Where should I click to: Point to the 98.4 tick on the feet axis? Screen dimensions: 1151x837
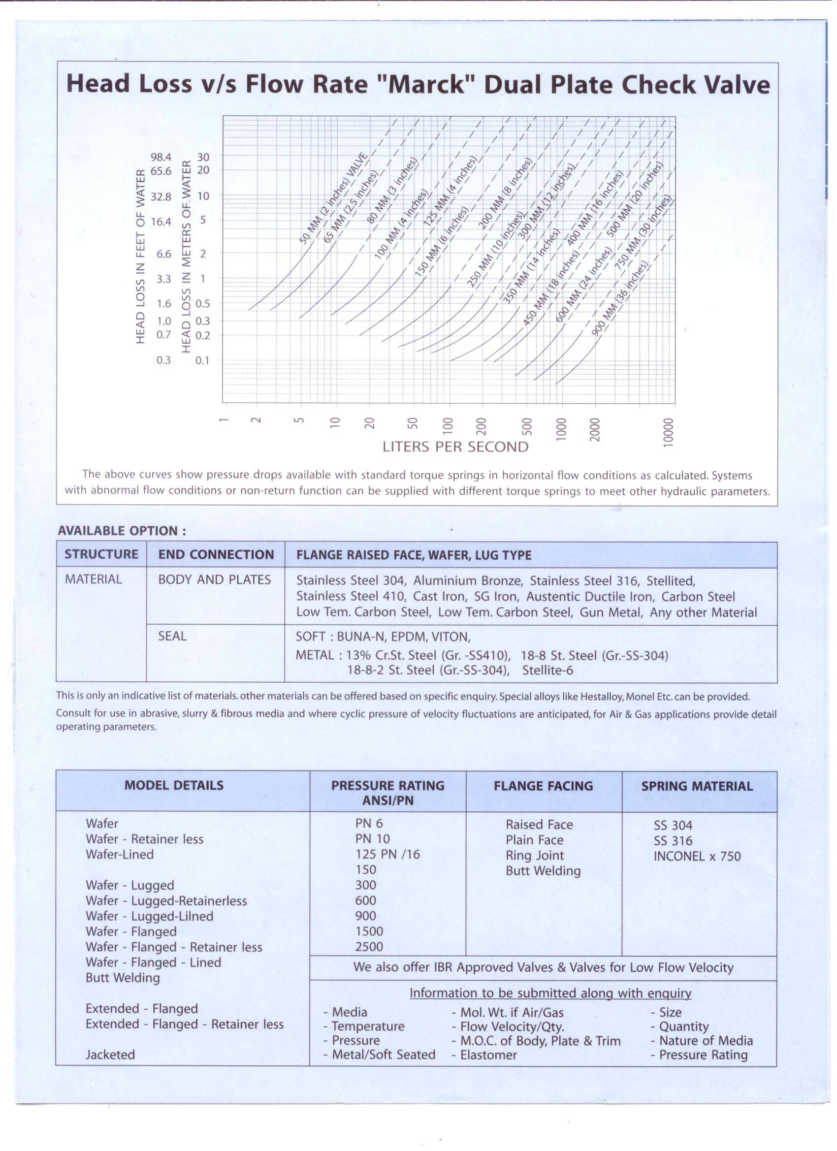click(x=161, y=158)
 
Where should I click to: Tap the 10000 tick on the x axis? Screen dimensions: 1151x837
click(x=668, y=432)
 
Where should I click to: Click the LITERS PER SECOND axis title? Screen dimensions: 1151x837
click(x=455, y=447)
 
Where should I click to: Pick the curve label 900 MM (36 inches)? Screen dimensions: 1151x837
click(x=620, y=298)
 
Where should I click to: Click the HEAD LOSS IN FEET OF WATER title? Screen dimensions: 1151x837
click(x=141, y=257)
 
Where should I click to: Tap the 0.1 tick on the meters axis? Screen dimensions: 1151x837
click(x=202, y=361)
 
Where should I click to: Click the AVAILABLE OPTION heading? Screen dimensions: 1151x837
click(x=122, y=531)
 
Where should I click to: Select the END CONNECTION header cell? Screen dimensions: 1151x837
click(x=216, y=555)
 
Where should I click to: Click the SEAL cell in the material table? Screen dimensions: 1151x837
click(x=172, y=636)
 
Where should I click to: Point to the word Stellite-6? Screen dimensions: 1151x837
click(x=547, y=671)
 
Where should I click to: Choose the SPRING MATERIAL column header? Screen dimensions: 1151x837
click(x=697, y=786)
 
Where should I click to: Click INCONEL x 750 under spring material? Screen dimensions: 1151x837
click(x=697, y=856)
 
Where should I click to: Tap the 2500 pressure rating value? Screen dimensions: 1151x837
click(x=369, y=947)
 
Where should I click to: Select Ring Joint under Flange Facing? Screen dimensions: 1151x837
click(x=535, y=856)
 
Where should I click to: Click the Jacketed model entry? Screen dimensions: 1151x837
click(x=110, y=1055)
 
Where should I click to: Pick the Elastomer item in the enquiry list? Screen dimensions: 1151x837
click(x=488, y=1055)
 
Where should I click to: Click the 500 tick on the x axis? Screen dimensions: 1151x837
click(x=526, y=426)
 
